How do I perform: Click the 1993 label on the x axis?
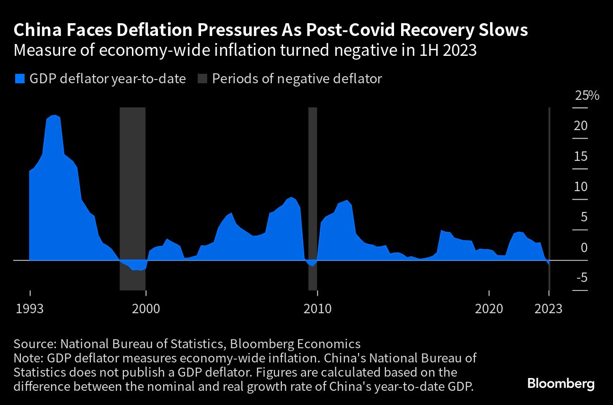[30, 309]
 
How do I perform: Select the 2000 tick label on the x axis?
[146, 309]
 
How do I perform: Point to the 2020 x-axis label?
[489, 309]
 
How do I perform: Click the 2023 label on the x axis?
[549, 309]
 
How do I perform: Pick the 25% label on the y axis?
[587, 96]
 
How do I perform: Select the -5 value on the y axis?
[581, 278]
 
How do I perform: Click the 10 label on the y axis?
[581, 187]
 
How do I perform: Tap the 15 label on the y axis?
[581, 157]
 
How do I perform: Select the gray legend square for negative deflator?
[201, 79]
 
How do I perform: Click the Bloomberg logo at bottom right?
[560, 383]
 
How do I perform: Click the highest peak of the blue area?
[54, 115]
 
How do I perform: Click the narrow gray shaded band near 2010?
[312, 199]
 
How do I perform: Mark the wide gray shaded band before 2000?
[132, 199]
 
